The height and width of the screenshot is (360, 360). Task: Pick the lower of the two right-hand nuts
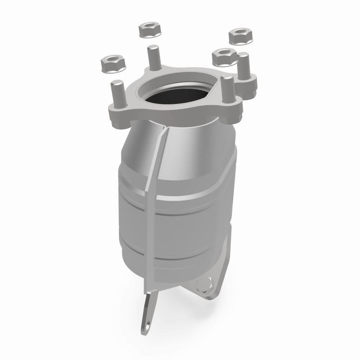point(224,56)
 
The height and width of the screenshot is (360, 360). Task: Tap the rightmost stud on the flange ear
point(244,67)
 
